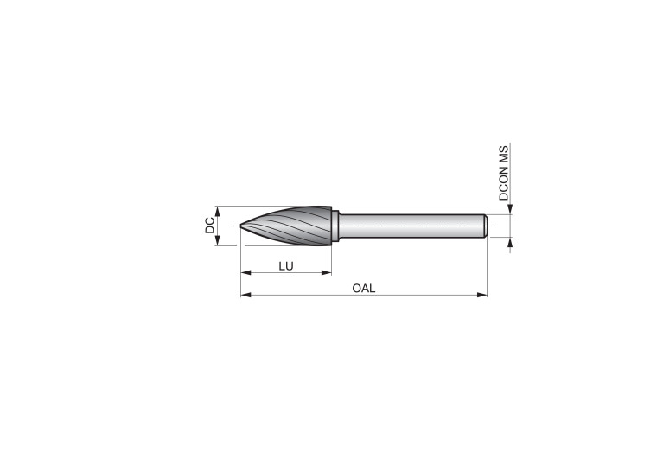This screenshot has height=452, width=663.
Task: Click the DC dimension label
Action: pyautogui.click(x=210, y=226)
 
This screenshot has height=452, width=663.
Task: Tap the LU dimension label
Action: pyautogui.click(x=286, y=266)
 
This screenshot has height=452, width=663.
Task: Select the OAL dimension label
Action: pyautogui.click(x=364, y=289)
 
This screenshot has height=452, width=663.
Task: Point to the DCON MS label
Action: pyautogui.click(x=504, y=173)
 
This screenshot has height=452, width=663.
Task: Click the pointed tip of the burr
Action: pyautogui.click(x=240, y=226)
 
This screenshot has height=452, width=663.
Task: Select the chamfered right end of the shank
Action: pyautogui.click(x=487, y=226)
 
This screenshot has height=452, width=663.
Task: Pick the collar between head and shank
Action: pyautogui.click(x=335, y=226)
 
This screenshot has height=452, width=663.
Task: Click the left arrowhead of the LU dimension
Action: pyautogui.click(x=245, y=273)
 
